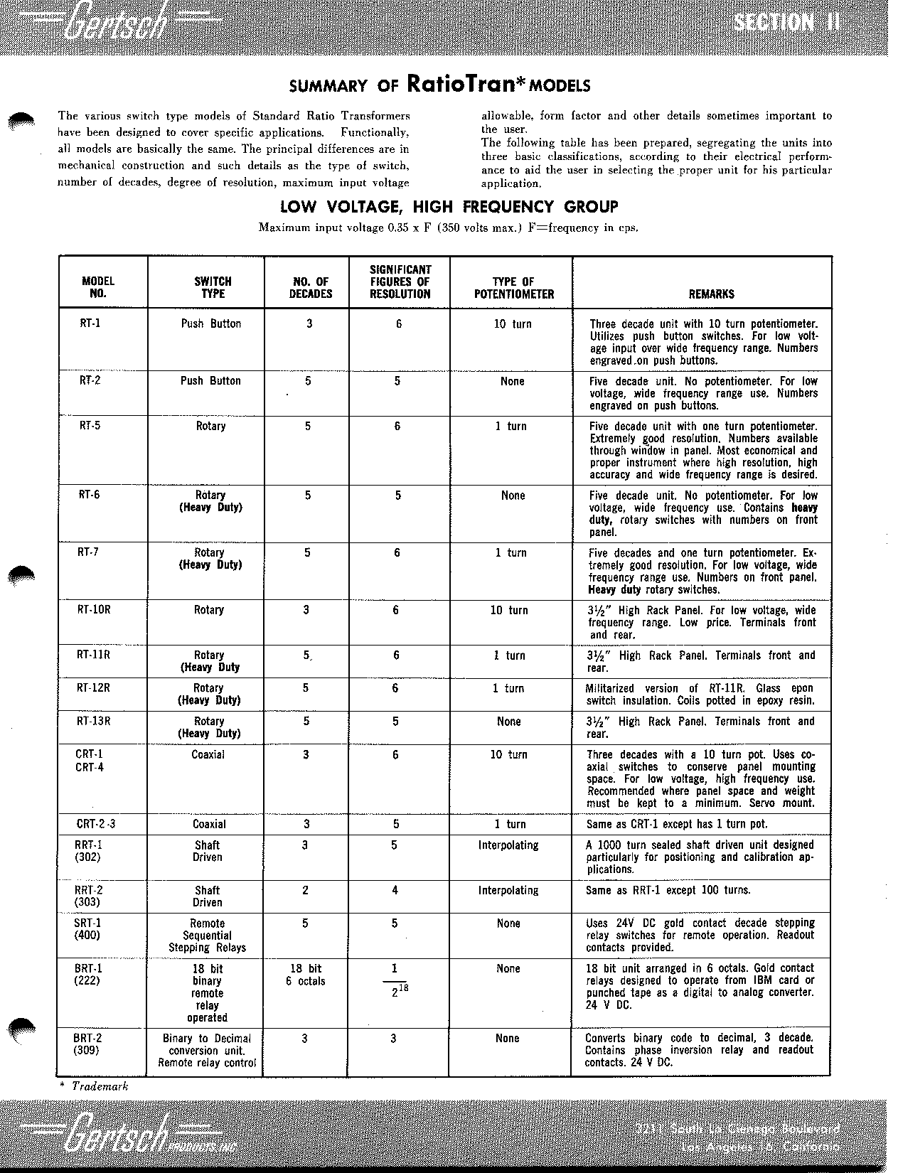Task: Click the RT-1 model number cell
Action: [x=90, y=323]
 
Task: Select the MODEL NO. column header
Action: [x=98, y=287]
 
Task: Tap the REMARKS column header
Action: [x=711, y=294]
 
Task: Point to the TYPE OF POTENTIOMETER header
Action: [x=513, y=287]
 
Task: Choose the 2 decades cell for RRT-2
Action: [x=306, y=890]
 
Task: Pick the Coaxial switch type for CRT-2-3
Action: [x=209, y=824]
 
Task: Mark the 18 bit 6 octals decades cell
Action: [x=306, y=975]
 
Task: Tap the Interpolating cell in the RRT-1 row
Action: [x=508, y=845]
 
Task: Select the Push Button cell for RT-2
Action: [x=210, y=381]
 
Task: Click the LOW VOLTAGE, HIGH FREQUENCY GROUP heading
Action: [x=449, y=207]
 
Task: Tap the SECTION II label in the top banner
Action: [x=786, y=23]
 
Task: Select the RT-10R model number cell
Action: [x=94, y=610]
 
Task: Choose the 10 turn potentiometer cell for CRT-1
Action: [x=508, y=754]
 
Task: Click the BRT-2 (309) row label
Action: [x=88, y=1044]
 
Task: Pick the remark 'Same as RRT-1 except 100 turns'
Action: [x=668, y=890]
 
